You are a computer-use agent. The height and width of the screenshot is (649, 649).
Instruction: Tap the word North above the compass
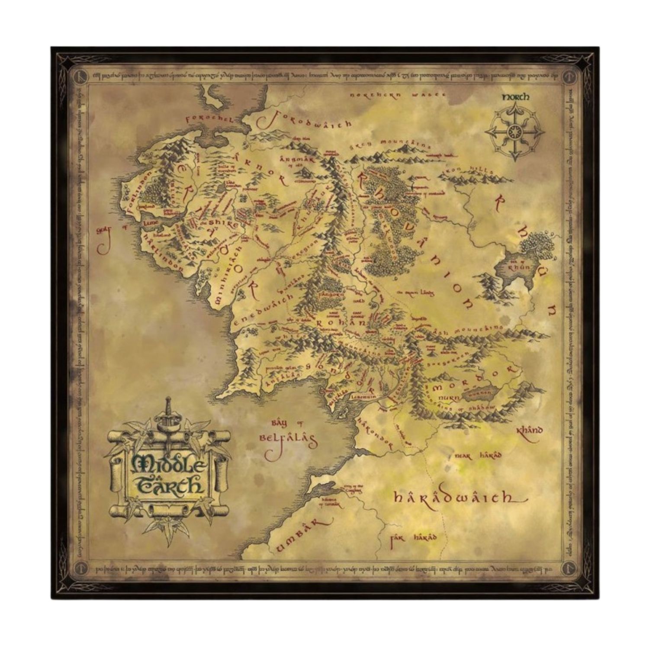coord(515,97)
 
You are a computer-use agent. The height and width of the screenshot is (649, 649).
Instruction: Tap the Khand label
coord(530,431)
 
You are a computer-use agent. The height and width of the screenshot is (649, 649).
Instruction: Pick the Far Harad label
coord(414,538)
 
